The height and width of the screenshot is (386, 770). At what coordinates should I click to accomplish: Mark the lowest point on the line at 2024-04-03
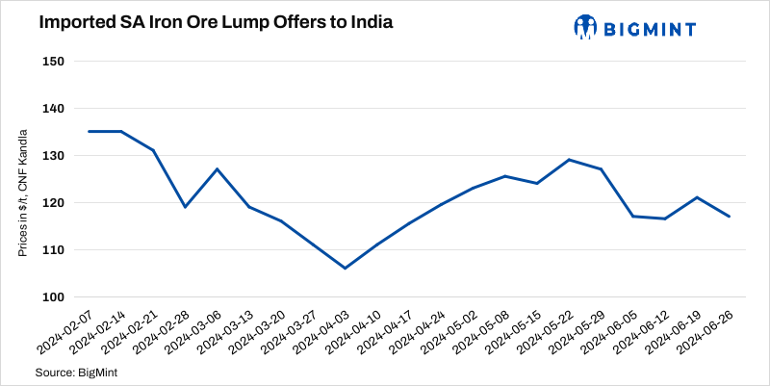coord(345,268)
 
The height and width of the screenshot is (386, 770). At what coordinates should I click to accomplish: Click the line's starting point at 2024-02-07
coord(89,131)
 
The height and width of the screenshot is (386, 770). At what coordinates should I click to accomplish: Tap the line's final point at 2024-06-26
coord(729,217)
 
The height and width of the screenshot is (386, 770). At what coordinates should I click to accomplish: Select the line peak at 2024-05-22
coord(569,160)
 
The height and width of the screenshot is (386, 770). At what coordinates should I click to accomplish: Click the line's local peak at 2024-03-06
coord(217,169)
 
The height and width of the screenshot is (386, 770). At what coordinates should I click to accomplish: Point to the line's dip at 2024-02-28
coord(185,207)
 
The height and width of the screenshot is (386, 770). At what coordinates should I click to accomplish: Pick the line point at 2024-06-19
coord(697,197)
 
